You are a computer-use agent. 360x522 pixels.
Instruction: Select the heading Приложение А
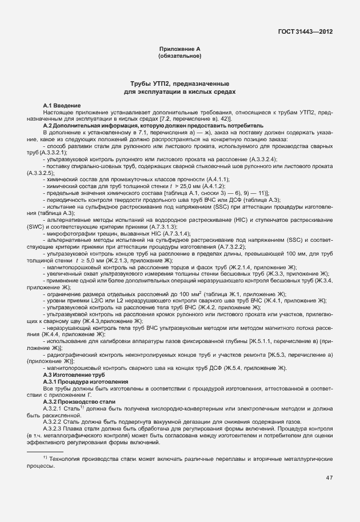(x=179, y=50)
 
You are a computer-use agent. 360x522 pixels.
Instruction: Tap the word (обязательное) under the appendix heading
(x=179, y=57)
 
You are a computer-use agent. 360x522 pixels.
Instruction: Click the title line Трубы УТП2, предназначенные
(x=179, y=83)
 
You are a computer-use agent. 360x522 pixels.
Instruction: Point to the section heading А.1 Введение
(x=62, y=106)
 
